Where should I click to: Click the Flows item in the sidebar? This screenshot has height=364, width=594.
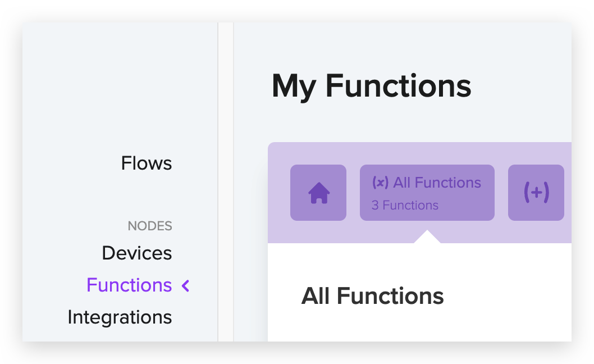(147, 163)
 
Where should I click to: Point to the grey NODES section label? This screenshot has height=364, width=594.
(150, 226)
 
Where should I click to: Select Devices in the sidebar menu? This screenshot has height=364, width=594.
(137, 253)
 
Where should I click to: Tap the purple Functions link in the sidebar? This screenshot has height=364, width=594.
(129, 285)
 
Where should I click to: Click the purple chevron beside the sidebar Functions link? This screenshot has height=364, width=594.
(186, 286)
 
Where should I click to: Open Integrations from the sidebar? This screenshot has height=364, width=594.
(120, 317)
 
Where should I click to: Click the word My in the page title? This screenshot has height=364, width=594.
(294, 87)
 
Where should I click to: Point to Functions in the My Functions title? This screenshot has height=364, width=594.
(399, 86)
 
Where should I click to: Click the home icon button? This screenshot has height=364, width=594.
(318, 193)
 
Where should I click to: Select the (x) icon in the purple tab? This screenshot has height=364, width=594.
(380, 183)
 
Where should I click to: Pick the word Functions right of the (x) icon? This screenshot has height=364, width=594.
(448, 183)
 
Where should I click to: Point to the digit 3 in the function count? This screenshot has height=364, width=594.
(375, 206)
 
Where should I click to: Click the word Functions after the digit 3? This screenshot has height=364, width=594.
(410, 206)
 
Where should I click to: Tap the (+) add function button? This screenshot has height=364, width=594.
(536, 193)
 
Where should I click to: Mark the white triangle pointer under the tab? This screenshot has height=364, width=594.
(427, 238)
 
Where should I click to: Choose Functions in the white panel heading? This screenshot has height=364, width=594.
(390, 296)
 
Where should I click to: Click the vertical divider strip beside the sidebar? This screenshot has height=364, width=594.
(226, 182)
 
